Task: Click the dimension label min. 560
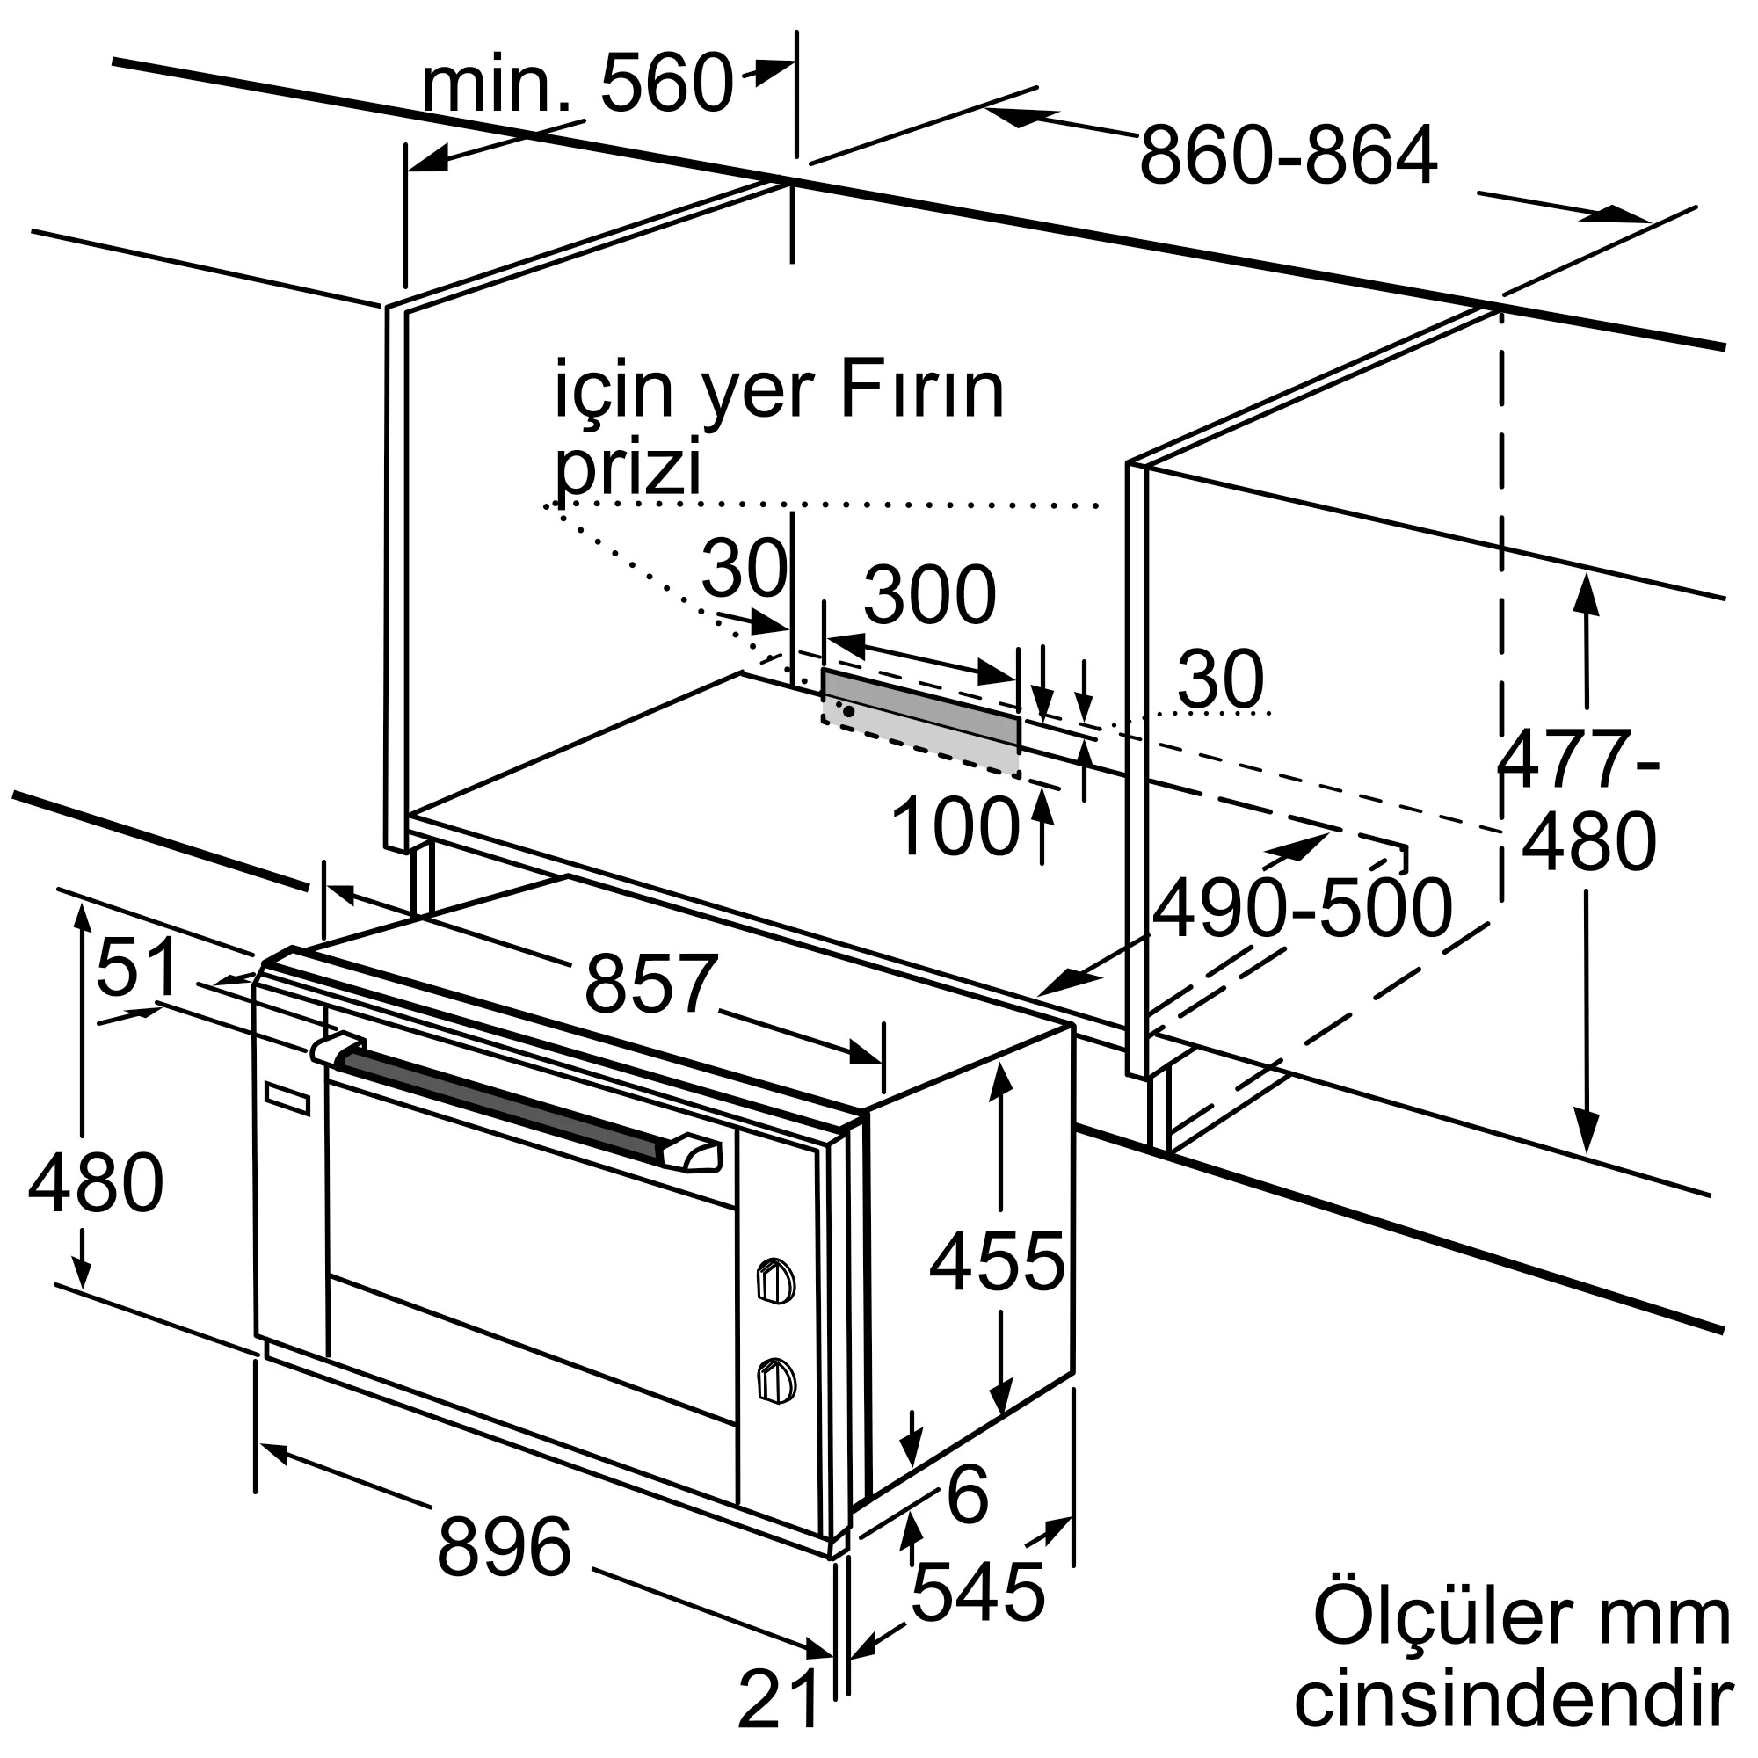click(x=577, y=84)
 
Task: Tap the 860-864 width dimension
click(x=1288, y=156)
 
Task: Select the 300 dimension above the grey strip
click(x=929, y=595)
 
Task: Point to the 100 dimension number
click(x=955, y=826)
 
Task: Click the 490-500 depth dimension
click(x=1302, y=908)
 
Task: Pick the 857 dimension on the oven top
click(x=650, y=983)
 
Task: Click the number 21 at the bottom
click(x=779, y=1699)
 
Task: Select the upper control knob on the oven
click(x=775, y=1282)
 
